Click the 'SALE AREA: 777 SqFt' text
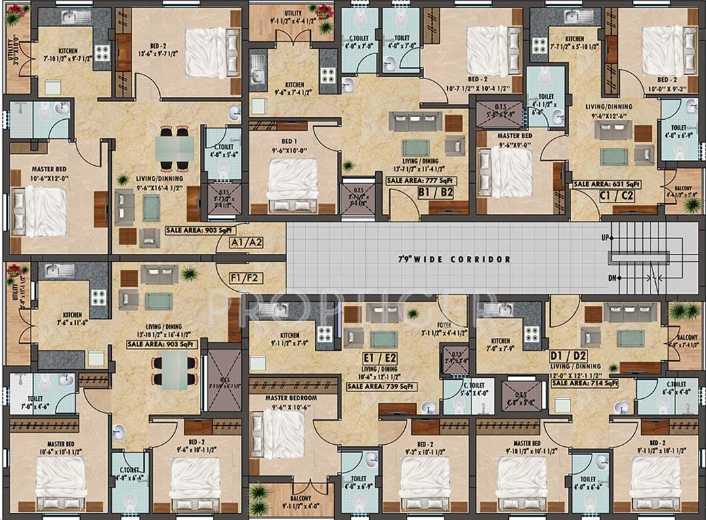[x=419, y=181]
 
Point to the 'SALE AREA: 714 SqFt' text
[x=584, y=383]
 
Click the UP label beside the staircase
[x=605, y=238]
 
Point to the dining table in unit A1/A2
[x=174, y=148]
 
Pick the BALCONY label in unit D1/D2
[x=688, y=337]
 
